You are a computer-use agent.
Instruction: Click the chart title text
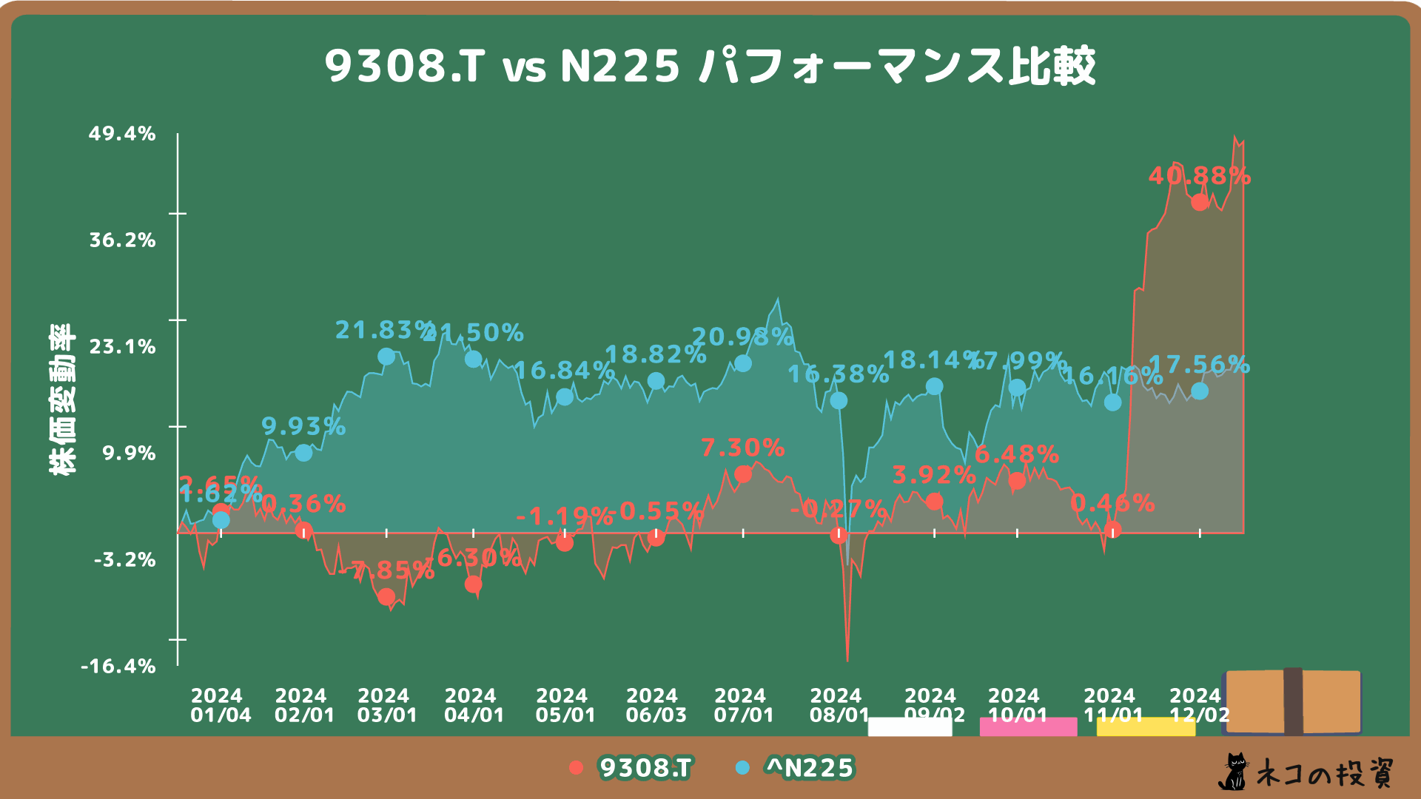pos(710,66)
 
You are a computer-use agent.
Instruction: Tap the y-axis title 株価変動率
pos(62,399)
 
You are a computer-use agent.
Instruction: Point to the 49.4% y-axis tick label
pos(122,134)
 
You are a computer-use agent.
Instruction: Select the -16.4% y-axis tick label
pos(118,667)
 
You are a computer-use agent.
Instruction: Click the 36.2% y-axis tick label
pos(122,240)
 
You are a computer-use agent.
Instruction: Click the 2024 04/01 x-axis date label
pos(474,705)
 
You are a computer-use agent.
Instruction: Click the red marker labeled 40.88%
pos(1200,202)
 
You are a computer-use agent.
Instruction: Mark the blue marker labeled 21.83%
pos(386,357)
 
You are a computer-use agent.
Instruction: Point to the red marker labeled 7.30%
pos(743,474)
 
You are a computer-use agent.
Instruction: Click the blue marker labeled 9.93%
pos(303,453)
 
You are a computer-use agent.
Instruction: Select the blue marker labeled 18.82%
pos(656,381)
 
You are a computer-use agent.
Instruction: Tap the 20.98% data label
pos(742,337)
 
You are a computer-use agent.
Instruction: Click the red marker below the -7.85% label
pos(386,596)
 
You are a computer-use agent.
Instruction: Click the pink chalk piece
pos(1028,726)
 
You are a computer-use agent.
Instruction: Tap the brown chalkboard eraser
pos(1293,701)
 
